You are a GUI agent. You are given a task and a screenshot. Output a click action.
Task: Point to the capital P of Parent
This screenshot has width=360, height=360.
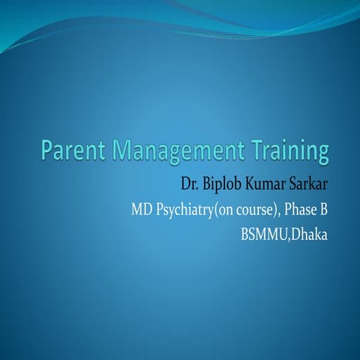point(48,150)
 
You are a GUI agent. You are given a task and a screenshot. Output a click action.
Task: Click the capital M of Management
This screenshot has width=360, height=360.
point(123,150)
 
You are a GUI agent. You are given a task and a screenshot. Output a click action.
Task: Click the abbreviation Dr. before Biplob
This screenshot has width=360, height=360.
point(189,183)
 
